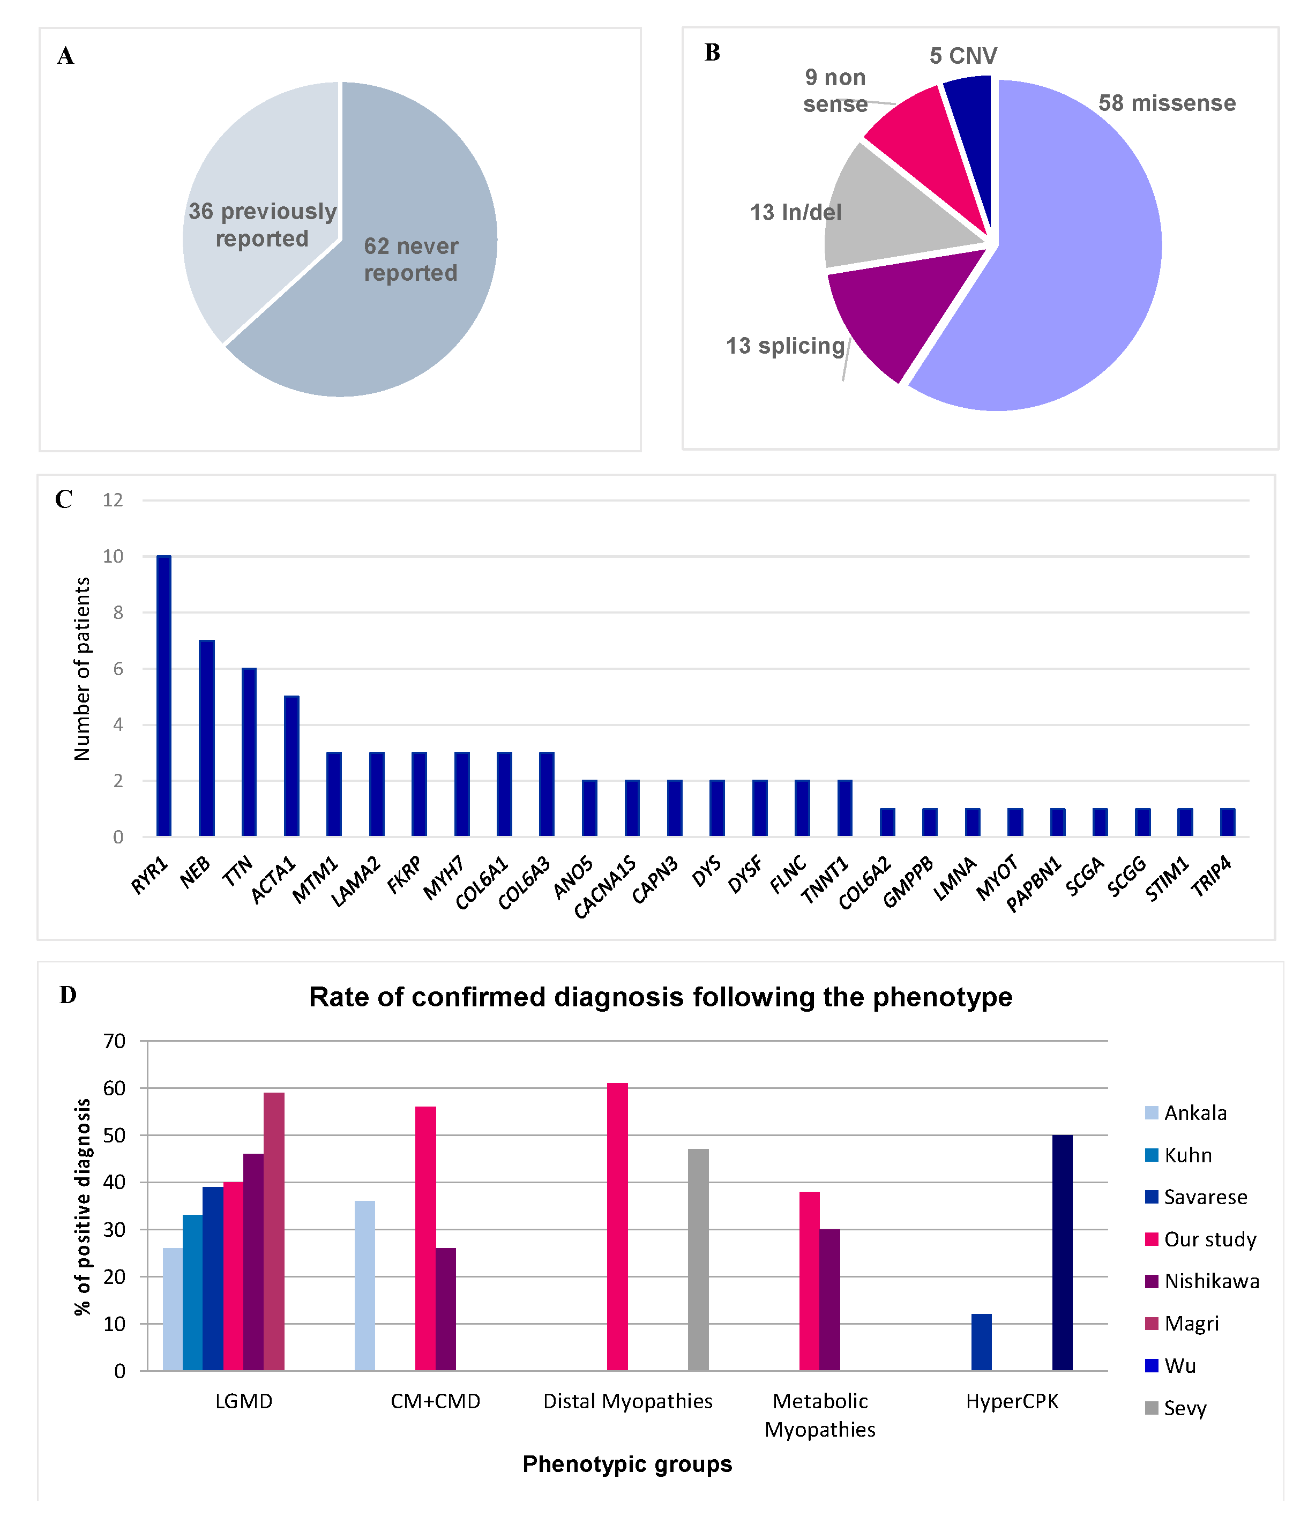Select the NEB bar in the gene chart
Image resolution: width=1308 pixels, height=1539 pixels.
[206, 738]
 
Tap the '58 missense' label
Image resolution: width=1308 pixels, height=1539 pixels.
[1167, 103]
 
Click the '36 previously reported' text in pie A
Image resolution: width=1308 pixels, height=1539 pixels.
[263, 225]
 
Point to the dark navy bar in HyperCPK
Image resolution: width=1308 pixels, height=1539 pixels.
[1062, 1252]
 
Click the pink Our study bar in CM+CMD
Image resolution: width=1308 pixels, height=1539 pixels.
[425, 1238]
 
